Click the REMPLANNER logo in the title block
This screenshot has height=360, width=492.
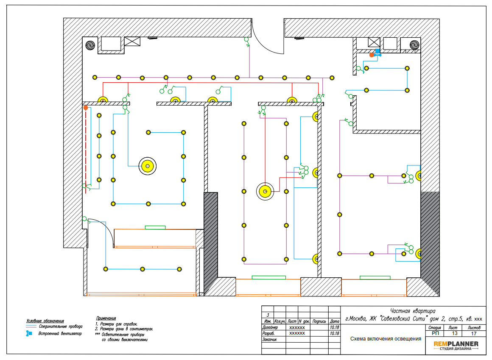point(456,345)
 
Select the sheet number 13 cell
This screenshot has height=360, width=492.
point(454,333)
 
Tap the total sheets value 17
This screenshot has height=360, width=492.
point(474,333)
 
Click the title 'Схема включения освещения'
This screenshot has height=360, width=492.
point(386,339)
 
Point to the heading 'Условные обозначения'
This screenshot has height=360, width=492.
point(45,321)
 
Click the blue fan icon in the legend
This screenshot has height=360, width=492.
point(29,333)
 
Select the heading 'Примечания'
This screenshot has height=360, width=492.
point(106,318)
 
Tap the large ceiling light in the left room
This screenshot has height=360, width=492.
point(148,166)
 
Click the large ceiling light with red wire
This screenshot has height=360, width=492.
point(265,191)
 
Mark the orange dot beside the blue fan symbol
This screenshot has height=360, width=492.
point(372,55)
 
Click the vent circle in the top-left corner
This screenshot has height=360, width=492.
point(90,46)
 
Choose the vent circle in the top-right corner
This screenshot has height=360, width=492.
point(414,45)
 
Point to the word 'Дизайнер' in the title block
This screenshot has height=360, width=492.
point(270,327)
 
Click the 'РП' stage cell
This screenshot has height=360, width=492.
point(435,333)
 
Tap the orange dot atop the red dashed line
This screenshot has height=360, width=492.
point(85,108)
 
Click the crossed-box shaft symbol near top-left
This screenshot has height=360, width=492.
point(132,42)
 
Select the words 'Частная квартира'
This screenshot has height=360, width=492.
point(413,311)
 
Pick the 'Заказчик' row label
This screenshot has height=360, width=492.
point(269,339)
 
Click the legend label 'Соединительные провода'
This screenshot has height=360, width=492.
point(61,327)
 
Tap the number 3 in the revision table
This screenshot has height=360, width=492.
point(268,315)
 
